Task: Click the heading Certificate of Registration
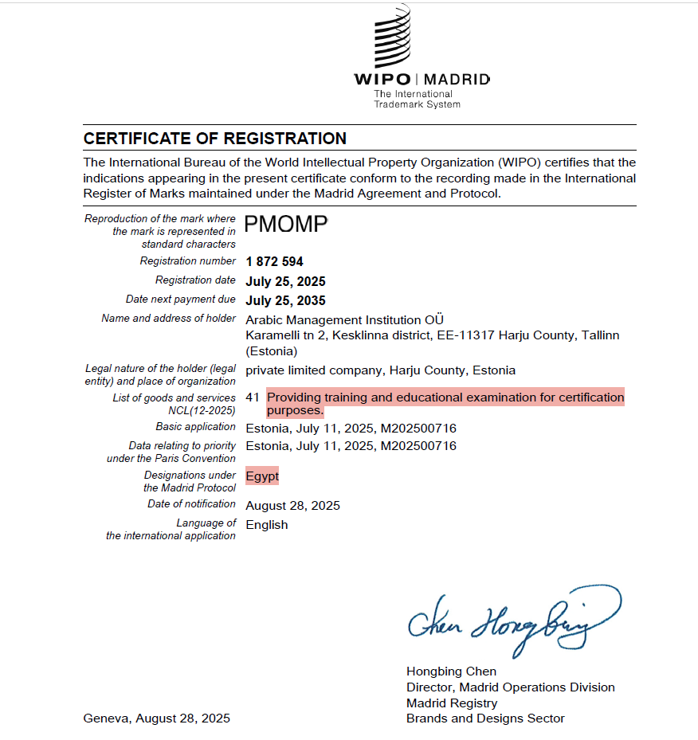click(214, 139)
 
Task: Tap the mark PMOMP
click(286, 225)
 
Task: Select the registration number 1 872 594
click(274, 261)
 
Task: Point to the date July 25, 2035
click(285, 300)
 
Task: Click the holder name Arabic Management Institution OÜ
click(344, 319)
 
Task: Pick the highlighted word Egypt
click(262, 476)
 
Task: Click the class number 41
click(253, 397)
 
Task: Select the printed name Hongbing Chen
click(451, 671)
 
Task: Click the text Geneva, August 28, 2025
click(156, 718)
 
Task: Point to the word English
click(267, 525)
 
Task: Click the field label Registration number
click(188, 261)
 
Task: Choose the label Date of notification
click(191, 504)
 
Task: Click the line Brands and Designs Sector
click(485, 718)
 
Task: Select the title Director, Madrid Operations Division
click(510, 687)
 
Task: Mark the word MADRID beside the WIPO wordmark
click(457, 80)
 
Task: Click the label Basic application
click(195, 428)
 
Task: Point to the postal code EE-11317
click(465, 335)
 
